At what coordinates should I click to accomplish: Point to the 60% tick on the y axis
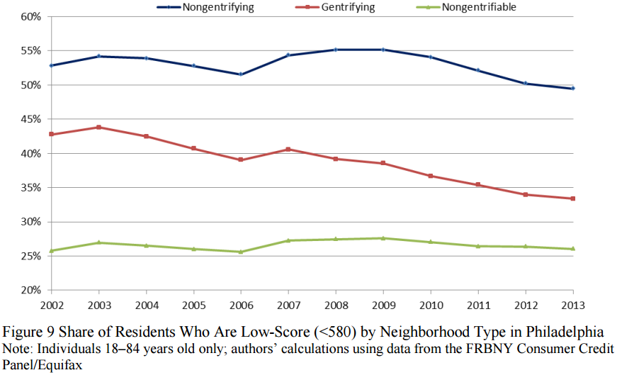point(32,16)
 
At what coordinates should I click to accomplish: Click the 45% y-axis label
point(32,119)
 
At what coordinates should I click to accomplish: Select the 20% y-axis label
point(32,291)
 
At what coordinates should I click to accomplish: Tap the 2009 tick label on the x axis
point(383,306)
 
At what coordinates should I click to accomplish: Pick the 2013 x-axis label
point(573,306)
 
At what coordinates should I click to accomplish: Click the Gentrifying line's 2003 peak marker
point(98,128)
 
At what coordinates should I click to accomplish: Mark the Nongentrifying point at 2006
point(240,74)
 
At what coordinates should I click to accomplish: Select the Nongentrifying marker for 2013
point(573,89)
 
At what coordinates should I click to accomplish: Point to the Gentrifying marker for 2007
point(288,150)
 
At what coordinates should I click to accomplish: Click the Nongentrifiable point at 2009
point(383,238)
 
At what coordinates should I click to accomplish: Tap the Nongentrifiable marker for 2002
point(50,251)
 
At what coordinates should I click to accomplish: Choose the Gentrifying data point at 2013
point(573,198)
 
